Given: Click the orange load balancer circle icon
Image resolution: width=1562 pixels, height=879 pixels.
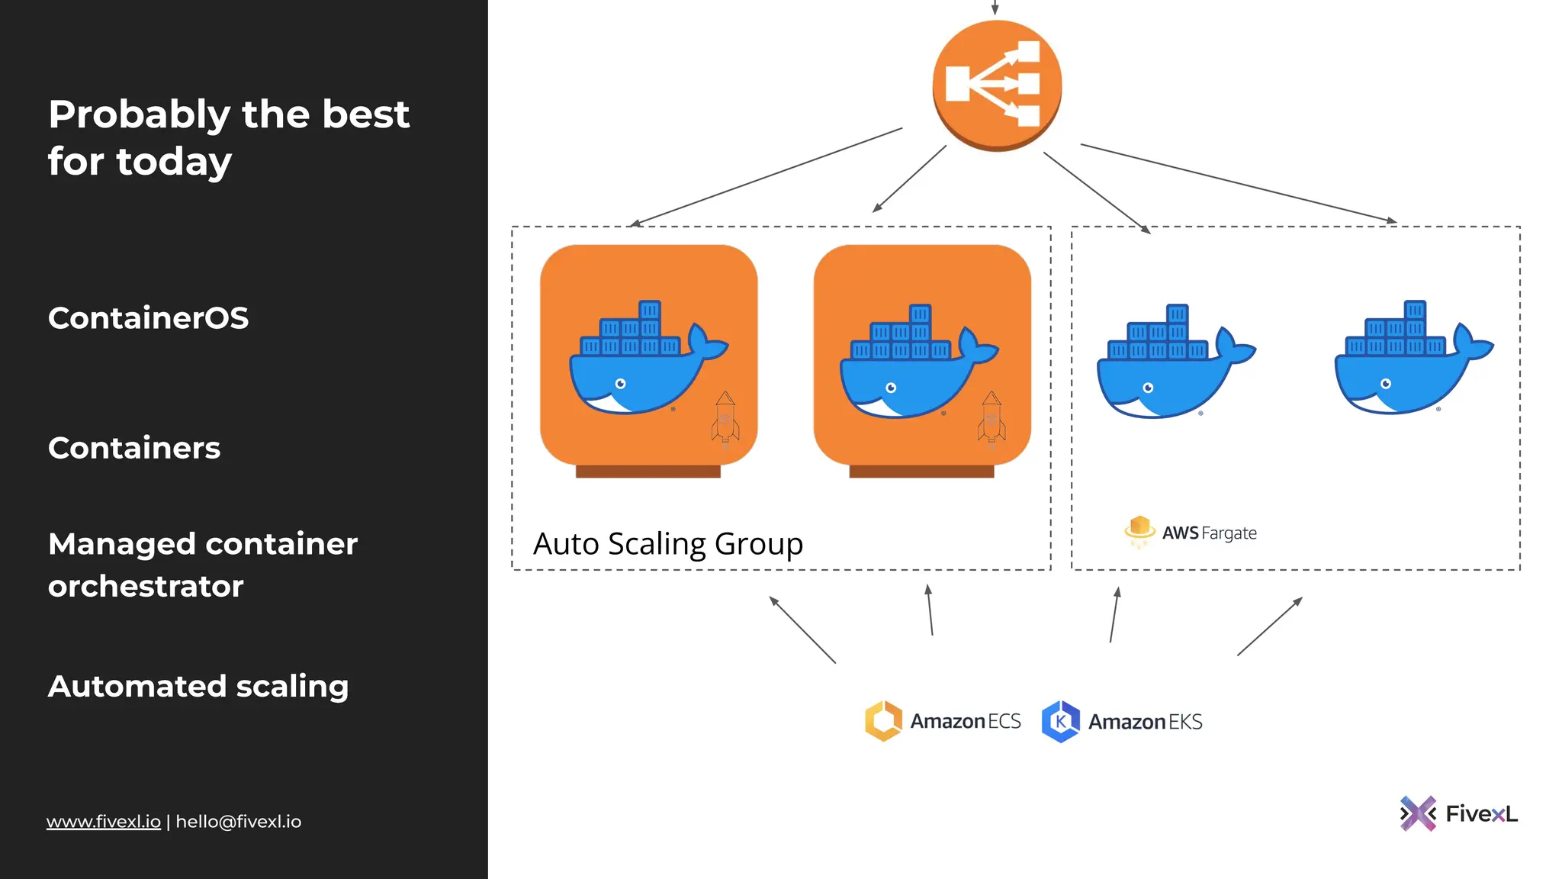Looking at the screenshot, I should (997, 85).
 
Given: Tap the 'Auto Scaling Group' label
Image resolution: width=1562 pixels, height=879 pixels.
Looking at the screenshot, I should (667, 544).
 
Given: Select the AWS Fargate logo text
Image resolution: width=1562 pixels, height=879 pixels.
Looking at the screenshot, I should (1209, 533).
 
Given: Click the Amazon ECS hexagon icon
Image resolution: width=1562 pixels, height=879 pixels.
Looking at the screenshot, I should (883, 721).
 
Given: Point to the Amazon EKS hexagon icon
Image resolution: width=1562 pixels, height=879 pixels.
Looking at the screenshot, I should (1061, 721).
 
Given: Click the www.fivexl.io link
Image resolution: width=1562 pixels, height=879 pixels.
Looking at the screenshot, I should (104, 822).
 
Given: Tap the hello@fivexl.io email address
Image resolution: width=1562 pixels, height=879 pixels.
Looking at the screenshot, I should (239, 822).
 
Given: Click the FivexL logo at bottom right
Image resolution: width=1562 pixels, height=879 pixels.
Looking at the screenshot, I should (1458, 813).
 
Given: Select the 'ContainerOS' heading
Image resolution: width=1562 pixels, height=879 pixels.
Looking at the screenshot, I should (148, 318).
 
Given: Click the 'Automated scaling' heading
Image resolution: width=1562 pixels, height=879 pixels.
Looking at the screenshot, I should (198, 686).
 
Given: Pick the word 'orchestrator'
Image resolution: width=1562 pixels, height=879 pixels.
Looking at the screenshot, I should (146, 586).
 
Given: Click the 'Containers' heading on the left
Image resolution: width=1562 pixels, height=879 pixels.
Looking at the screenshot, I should (134, 448).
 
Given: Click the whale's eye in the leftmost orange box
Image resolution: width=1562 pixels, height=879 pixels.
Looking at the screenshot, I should (620, 384).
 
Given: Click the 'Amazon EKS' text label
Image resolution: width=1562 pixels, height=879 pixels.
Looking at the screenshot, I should (1145, 722).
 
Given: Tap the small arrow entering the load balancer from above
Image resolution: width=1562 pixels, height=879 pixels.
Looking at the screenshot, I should (995, 8).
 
